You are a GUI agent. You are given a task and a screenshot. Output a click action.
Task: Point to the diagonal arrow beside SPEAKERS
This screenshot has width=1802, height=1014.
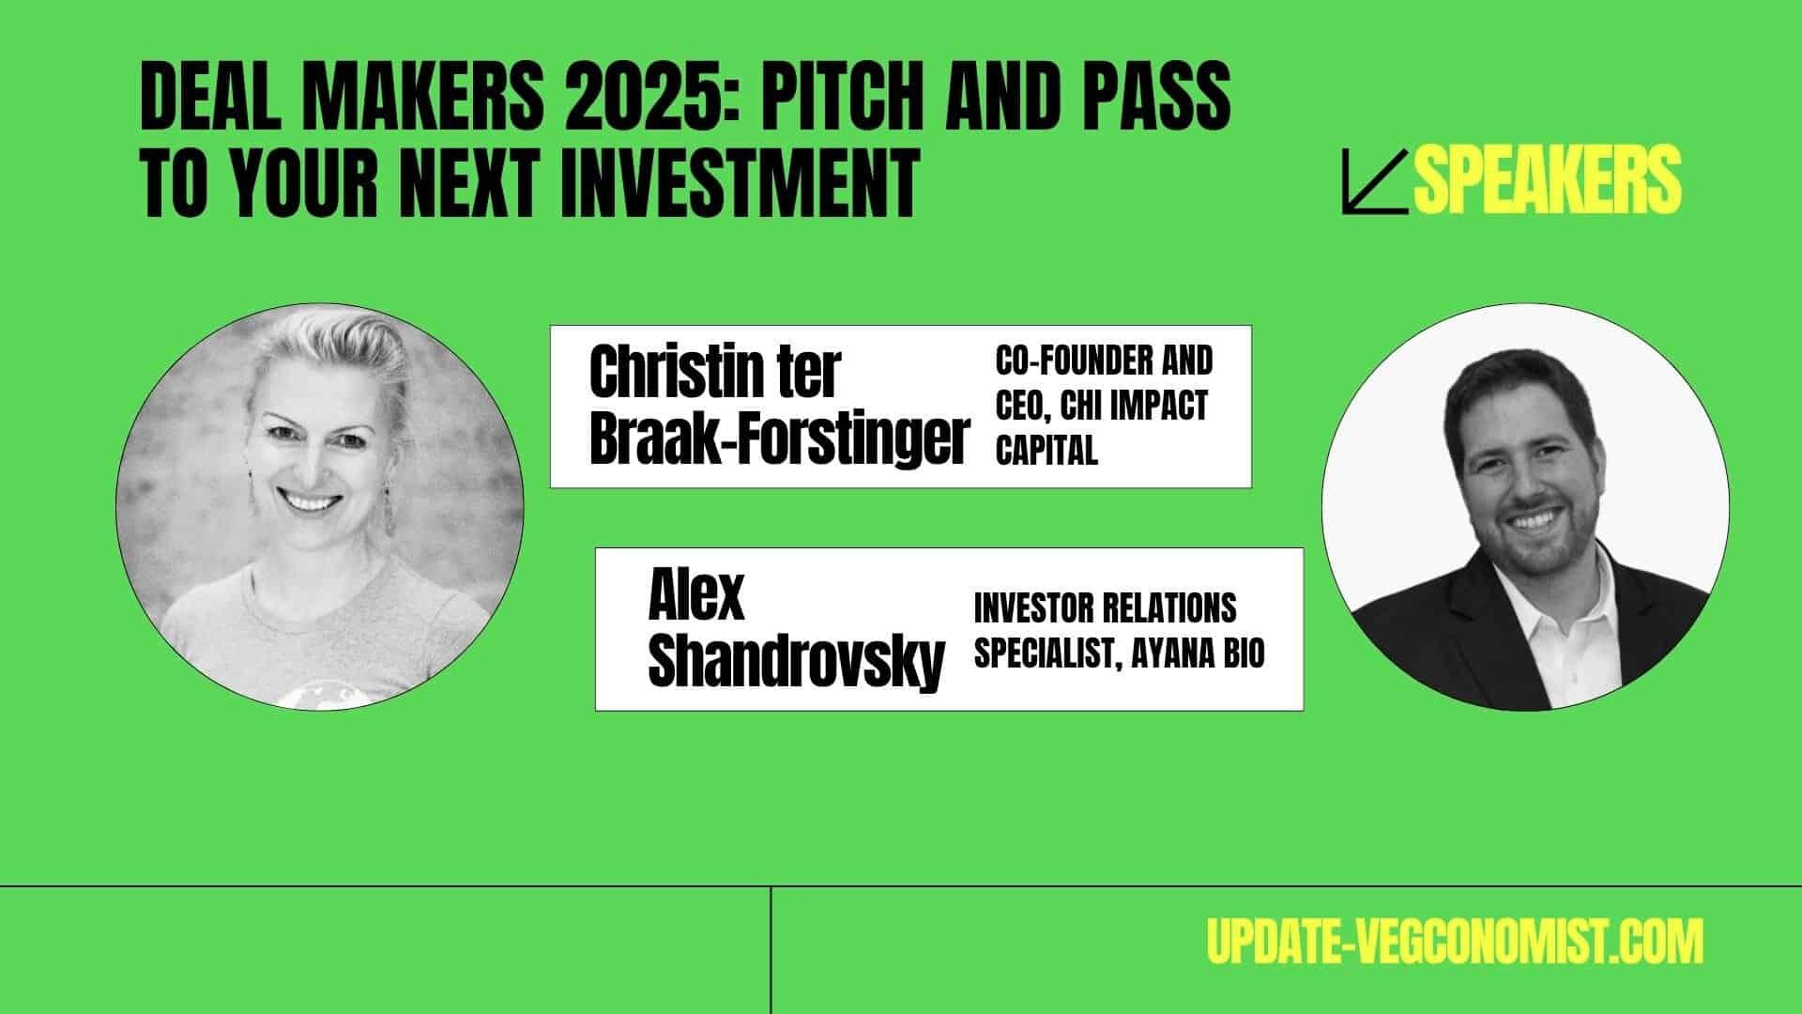1375,182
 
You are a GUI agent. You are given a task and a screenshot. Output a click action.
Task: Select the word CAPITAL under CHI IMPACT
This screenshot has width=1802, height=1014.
1046,452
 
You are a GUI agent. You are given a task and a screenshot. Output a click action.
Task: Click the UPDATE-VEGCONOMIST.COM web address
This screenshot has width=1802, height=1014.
1454,941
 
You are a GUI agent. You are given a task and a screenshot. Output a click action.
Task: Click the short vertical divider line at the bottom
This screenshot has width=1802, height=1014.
771,950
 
